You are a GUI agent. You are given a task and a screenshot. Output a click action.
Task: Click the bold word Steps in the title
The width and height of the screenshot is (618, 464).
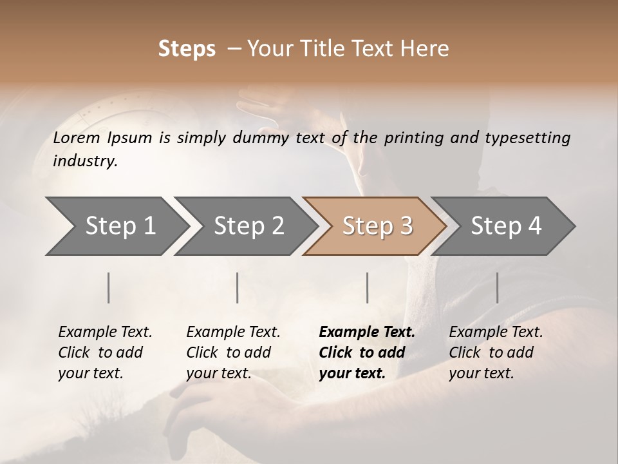tap(187, 49)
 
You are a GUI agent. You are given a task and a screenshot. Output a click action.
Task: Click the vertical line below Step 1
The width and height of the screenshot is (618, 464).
tap(109, 287)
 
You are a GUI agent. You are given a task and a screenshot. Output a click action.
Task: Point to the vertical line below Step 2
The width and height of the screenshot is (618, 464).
tap(238, 287)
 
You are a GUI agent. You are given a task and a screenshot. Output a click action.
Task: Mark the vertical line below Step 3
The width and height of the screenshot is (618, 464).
tap(367, 287)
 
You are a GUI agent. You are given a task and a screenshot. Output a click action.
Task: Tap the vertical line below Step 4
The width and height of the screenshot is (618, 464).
tap(497, 287)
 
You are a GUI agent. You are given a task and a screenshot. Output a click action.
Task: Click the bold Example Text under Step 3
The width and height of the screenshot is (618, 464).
tap(367, 332)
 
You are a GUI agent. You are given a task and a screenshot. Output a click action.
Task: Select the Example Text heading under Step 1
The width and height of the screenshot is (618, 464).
tap(105, 332)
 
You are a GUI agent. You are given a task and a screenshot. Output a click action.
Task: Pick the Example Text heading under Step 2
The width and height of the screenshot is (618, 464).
tap(233, 332)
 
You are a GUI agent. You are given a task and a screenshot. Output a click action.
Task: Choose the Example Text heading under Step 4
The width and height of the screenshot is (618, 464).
tap(496, 332)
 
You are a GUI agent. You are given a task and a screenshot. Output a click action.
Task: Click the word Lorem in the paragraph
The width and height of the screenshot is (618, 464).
tap(77, 137)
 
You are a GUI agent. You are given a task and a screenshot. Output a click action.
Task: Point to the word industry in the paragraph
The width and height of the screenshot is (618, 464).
tap(85, 161)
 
